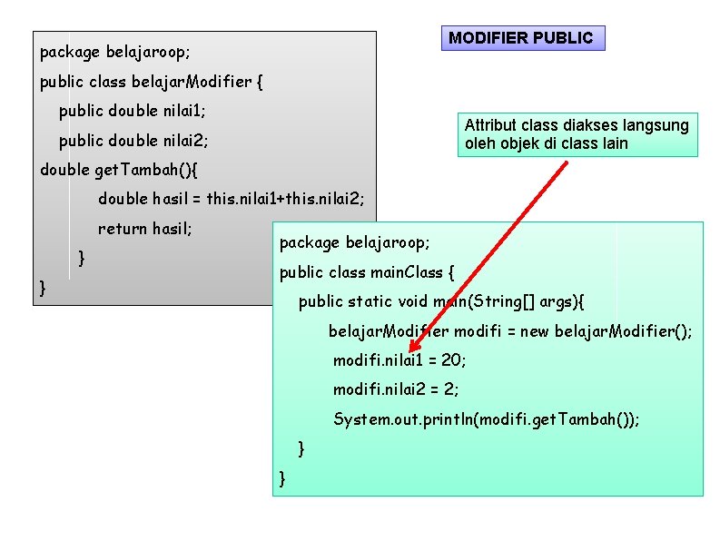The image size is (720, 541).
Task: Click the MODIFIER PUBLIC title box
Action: [x=522, y=38]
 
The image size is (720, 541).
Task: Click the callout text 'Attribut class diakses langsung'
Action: [x=577, y=125]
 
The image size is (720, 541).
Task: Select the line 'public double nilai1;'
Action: [x=133, y=112]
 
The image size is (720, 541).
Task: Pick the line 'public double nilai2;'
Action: [x=133, y=141]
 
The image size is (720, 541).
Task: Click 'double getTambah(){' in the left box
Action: [x=120, y=170]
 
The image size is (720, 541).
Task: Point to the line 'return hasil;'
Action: [x=145, y=228]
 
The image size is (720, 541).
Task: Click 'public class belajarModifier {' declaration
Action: [x=152, y=82]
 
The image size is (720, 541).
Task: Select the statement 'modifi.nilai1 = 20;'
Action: [x=399, y=360]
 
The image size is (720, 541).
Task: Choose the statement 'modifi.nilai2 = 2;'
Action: [x=396, y=389]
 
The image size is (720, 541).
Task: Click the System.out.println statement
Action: [x=487, y=418]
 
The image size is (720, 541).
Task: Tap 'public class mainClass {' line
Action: [x=367, y=272]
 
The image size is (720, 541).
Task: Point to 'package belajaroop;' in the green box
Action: [x=355, y=242]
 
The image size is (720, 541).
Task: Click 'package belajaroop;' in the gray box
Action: [x=114, y=52]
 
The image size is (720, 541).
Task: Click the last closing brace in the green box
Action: [x=283, y=477]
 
